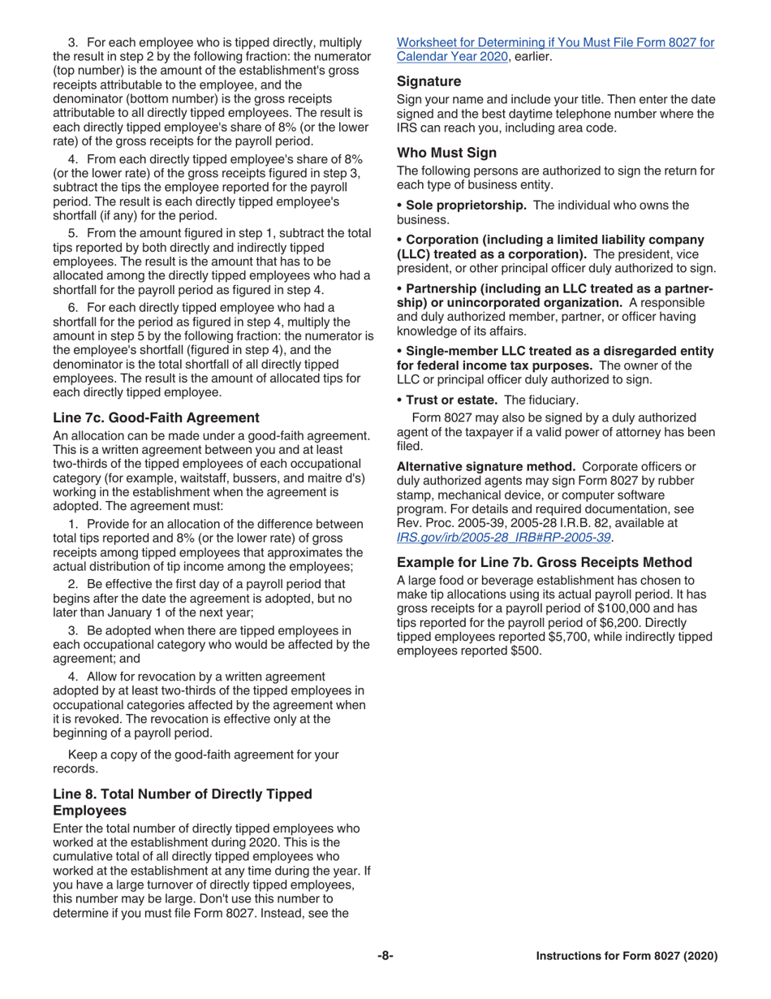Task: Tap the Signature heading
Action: (429, 81)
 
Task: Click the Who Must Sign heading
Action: (446, 152)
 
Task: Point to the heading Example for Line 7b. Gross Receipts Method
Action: (544, 562)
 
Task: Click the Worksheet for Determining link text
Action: (555, 42)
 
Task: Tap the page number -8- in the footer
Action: (385, 956)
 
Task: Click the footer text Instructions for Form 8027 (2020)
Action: (627, 957)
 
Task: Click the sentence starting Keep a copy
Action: (203, 755)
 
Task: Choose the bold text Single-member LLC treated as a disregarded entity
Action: (559, 351)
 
